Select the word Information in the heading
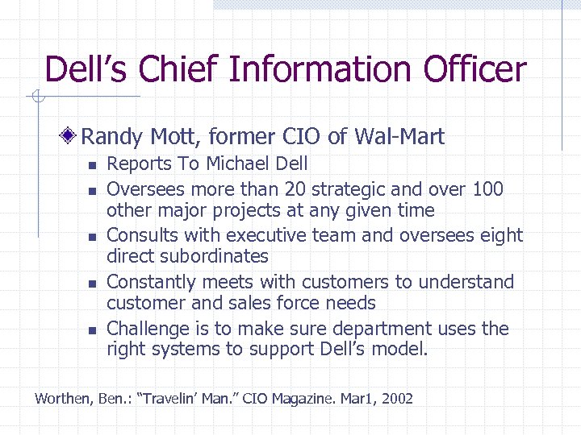[321, 69]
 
